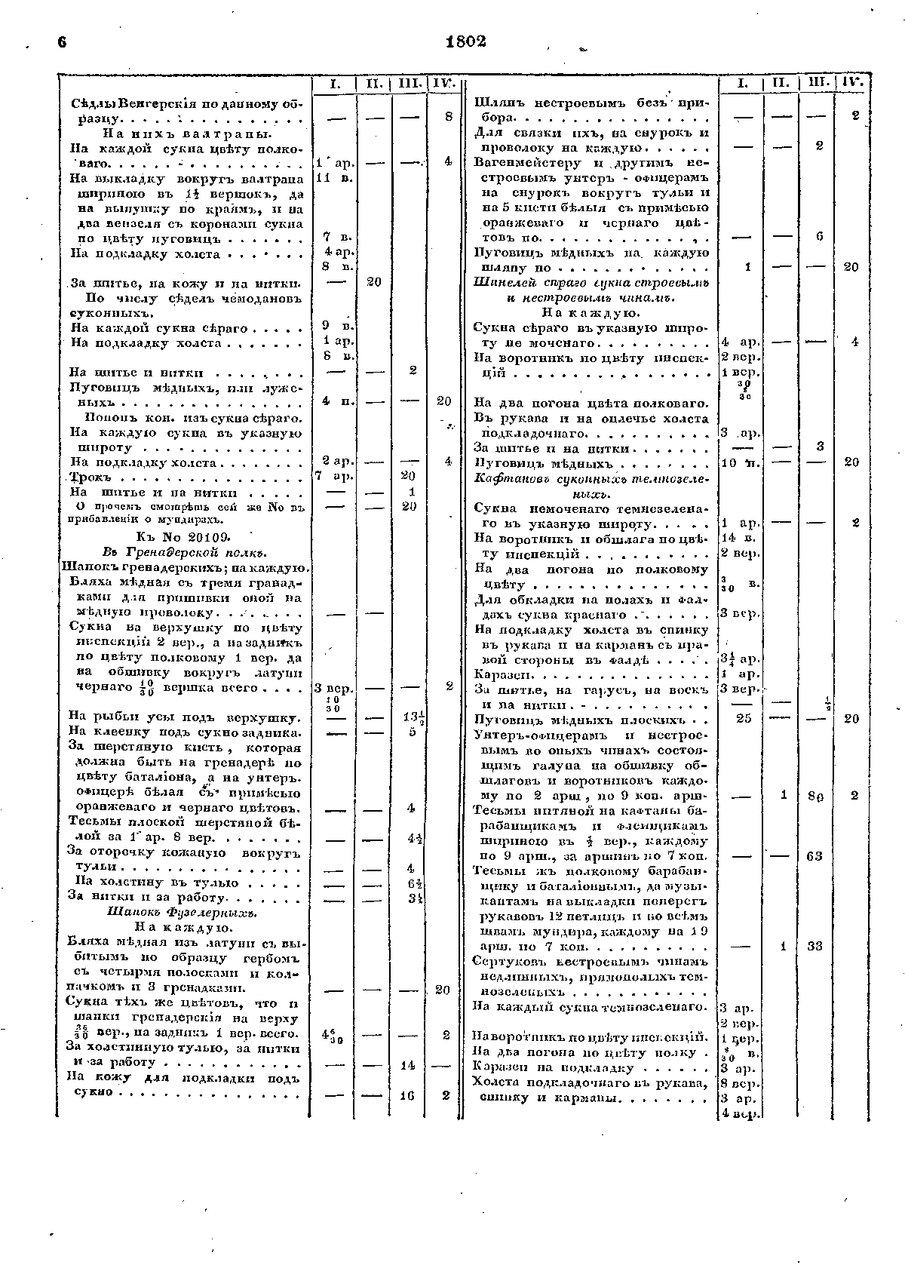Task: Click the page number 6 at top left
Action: (x=62, y=42)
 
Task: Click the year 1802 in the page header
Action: (x=465, y=41)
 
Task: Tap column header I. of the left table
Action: (x=333, y=84)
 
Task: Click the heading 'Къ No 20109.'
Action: (x=183, y=536)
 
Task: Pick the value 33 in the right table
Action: (x=814, y=947)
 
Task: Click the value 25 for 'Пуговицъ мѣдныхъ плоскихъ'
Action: (x=742, y=719)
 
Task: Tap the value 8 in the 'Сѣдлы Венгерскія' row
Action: (x=447, y=117)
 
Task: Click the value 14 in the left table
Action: (x=408, y=1065)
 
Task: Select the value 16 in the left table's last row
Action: (x=408, y=1096)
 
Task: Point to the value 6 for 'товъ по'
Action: (x=818, y=237)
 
